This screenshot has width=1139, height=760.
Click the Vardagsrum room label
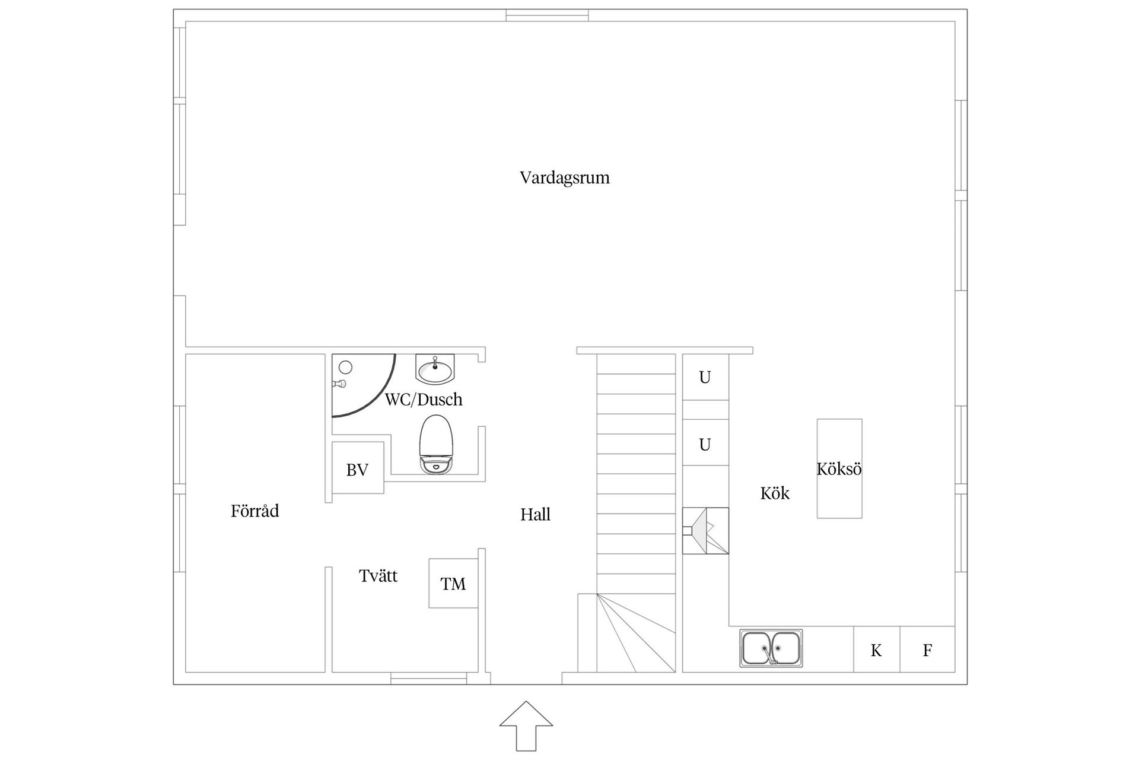(564, 178)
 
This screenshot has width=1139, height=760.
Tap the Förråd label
(254, 511)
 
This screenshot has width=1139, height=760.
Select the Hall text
(535, 514)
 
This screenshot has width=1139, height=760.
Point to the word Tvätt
(378, 575)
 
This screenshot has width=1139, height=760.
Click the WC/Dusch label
(423, 399)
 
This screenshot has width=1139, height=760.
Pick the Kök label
(774, 493)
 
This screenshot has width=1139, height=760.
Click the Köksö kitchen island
(839, 468)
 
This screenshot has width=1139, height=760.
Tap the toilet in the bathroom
(436, 444)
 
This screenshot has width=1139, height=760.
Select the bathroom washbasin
(435, 370)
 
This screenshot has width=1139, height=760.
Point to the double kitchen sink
(771, 648)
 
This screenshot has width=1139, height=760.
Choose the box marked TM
(453, 583)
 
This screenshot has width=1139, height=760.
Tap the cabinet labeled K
(876, 650)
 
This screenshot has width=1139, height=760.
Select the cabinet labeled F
(927, 650)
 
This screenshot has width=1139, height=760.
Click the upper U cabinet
(705, 377)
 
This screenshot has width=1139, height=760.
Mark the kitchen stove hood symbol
(705, 530)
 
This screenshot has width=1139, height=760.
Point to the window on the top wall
(546, 15)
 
